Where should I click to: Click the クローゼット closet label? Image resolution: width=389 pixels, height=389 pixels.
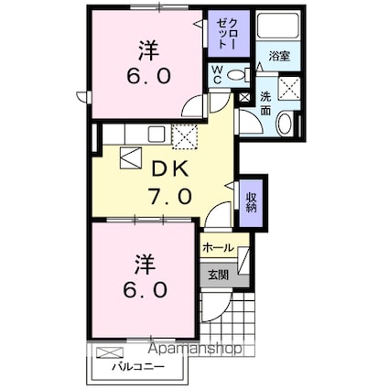click(x=227, y=33)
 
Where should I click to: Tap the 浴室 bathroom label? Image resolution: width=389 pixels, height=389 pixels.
click(x=279, y=57)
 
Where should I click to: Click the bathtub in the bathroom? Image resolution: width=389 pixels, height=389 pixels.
click(x=278, y=26)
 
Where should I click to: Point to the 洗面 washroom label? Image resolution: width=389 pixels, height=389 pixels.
click(x=265, y=103)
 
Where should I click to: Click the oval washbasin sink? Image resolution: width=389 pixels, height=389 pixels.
click(x=286, y=123)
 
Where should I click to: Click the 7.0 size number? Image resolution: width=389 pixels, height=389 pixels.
click(x=169, y=197)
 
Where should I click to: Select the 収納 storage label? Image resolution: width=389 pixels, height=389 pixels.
click(x=252, y=202)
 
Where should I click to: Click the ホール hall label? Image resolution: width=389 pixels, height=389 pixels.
click(x=218, y=247)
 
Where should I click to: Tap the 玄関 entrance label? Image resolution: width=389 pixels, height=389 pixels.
click(x=218, y=276)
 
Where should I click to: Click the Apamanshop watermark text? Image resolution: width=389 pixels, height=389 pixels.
click(x=195, y=349)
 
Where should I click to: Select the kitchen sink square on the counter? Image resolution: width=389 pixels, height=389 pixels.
click(x=157, y=134)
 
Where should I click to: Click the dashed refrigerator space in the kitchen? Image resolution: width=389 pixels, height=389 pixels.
click(x=185, y=136)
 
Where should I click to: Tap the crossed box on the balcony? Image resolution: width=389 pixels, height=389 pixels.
click(x=110, y=352)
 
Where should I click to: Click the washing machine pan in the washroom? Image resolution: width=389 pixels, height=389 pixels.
click(x=290, y=88)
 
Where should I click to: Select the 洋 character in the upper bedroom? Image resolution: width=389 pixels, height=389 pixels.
click(x=149, y=50)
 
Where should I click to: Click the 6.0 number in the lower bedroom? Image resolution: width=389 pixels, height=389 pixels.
click(x=146, y=289)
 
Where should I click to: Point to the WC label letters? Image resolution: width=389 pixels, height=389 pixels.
click(x=217, y=75)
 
